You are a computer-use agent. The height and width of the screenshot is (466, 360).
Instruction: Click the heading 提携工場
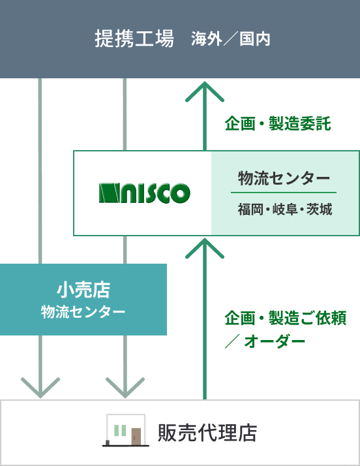point(134,39)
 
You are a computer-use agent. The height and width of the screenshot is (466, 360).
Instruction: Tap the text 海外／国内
point(230,39)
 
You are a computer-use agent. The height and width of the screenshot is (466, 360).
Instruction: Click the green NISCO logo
point(145,193)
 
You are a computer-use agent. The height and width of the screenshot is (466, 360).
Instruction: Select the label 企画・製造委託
point(278,123)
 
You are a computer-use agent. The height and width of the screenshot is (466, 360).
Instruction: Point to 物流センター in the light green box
point(284,178)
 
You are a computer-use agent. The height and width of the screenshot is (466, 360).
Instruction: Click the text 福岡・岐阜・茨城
point(285,210)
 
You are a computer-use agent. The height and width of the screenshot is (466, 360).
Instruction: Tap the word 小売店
point(83,290)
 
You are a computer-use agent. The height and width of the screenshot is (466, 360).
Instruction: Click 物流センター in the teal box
point(83,312)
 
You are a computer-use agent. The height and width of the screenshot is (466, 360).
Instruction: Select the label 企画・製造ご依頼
point(286,318)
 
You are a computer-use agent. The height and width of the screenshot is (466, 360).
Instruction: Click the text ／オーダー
point(265,341)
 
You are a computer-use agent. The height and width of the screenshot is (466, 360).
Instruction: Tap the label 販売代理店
point(207,433)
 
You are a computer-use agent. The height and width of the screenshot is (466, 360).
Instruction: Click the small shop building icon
point(126,430)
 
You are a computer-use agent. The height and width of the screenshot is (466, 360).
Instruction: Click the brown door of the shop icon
point(136,436)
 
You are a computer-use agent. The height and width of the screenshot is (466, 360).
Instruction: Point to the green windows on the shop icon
point(120,430)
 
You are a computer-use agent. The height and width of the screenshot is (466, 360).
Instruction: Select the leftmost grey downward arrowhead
point(40,388)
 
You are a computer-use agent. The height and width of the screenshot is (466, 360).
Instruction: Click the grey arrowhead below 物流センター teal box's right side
point(125,388)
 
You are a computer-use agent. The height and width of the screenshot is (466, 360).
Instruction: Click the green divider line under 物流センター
point(284,193)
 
